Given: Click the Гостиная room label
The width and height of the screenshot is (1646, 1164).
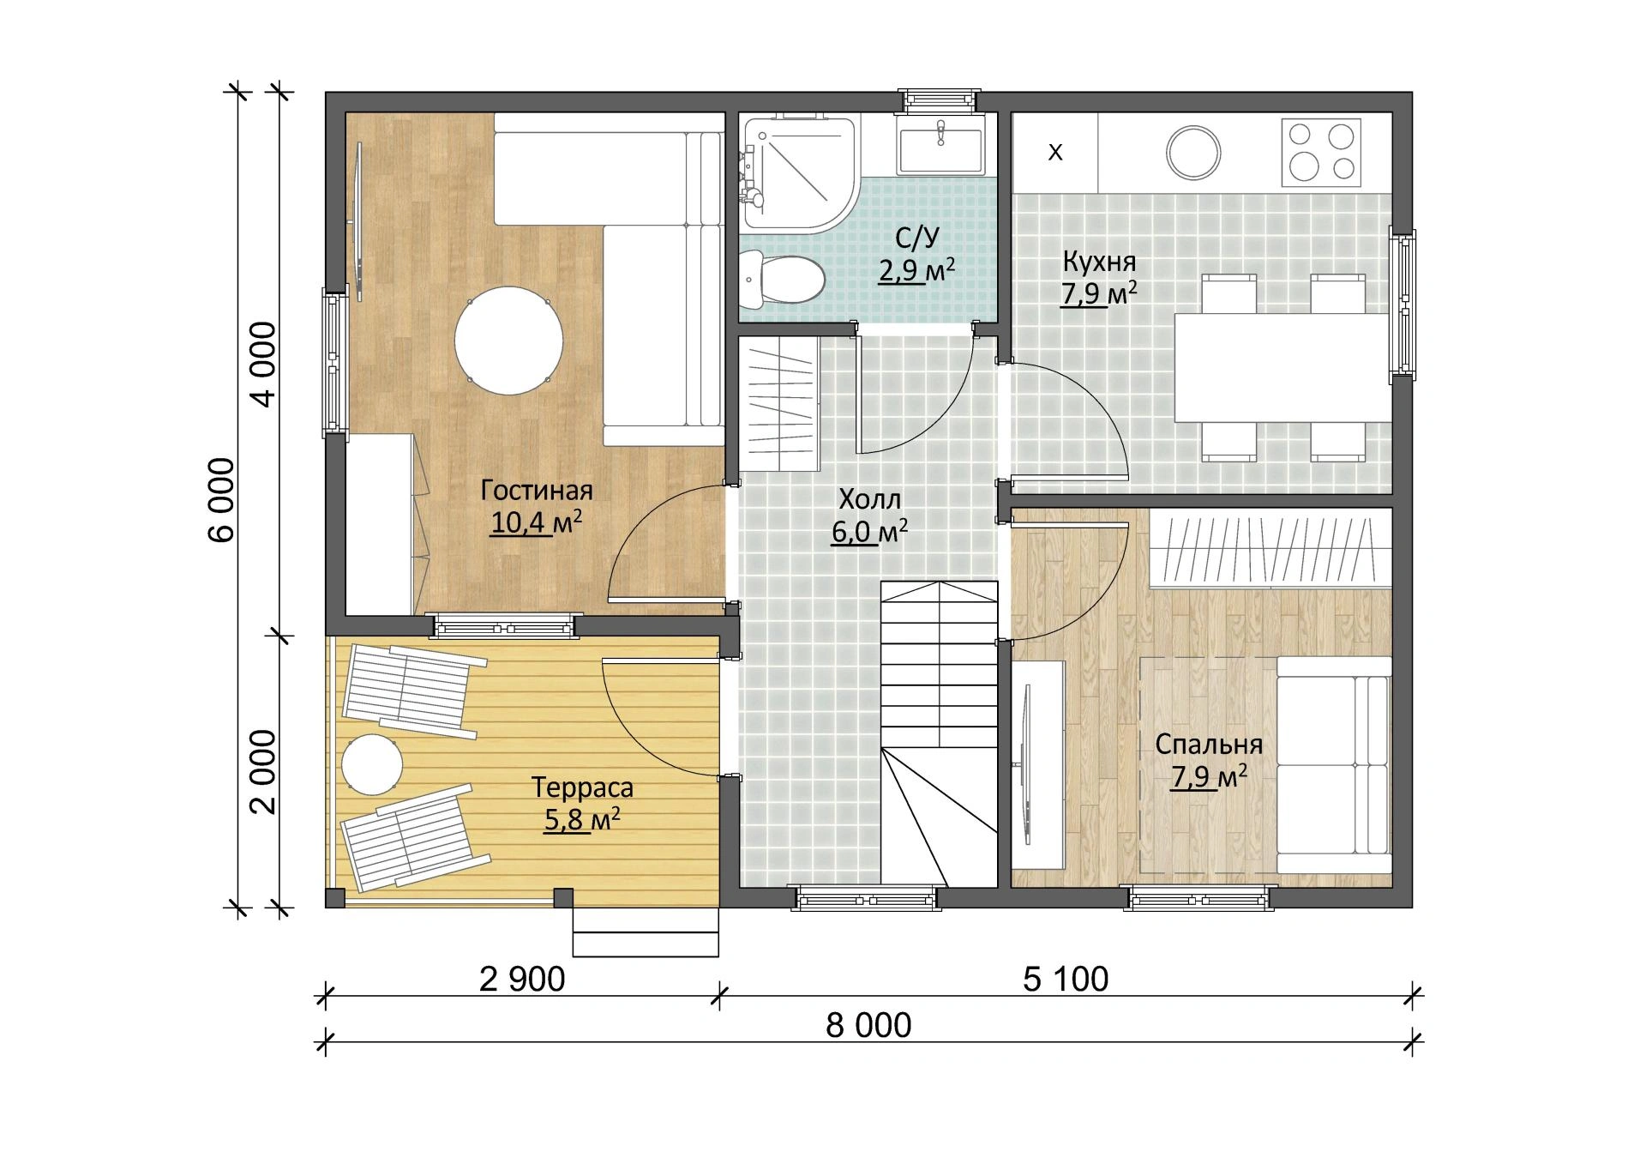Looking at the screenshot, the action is [537, 490].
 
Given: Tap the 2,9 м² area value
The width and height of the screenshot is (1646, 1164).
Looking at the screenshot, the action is [916, 270].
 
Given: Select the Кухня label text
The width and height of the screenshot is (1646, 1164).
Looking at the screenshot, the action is [1099, 261].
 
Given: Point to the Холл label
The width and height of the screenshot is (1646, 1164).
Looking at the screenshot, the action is [870, 498].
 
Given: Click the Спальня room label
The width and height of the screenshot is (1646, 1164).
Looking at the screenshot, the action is [1209, 745].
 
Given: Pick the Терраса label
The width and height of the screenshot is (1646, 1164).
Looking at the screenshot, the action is [582, 787].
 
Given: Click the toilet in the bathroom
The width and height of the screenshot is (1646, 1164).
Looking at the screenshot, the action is [782, 279].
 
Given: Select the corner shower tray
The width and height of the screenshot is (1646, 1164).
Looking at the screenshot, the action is [796, 175].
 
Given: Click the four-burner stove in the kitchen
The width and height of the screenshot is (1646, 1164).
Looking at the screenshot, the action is [1321, 153].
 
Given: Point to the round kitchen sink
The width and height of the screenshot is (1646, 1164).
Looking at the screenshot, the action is [1193, 153].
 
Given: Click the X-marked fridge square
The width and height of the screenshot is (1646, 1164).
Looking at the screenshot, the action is [1055, 153].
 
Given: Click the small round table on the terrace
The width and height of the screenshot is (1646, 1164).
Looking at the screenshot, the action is [372, 764].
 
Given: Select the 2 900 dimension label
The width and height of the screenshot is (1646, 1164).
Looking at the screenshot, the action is [522, 979].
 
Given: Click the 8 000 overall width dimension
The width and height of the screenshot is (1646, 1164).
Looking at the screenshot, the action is [868, 1025].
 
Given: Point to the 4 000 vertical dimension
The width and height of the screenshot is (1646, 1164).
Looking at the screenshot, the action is [266, 364].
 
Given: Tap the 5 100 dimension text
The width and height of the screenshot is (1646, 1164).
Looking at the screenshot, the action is [1066, 979].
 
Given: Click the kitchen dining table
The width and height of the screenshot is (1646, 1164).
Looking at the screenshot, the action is [1282, 368].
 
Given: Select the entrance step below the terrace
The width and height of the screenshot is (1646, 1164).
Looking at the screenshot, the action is [646, 944].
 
